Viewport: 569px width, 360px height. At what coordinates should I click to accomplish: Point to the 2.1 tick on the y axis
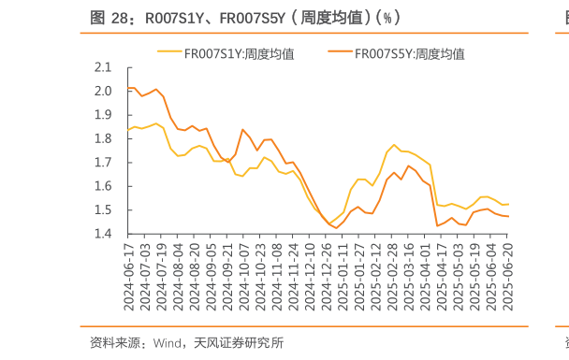coord(103,67)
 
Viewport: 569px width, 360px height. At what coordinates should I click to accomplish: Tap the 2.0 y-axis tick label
coord(103,92)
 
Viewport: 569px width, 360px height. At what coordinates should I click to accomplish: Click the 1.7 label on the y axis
coord(103,163)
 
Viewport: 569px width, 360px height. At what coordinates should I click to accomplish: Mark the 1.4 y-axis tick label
coord(103,234)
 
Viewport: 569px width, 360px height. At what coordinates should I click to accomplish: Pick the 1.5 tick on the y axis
coord(103,210)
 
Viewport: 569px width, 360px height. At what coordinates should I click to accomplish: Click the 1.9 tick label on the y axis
coord(103,115)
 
